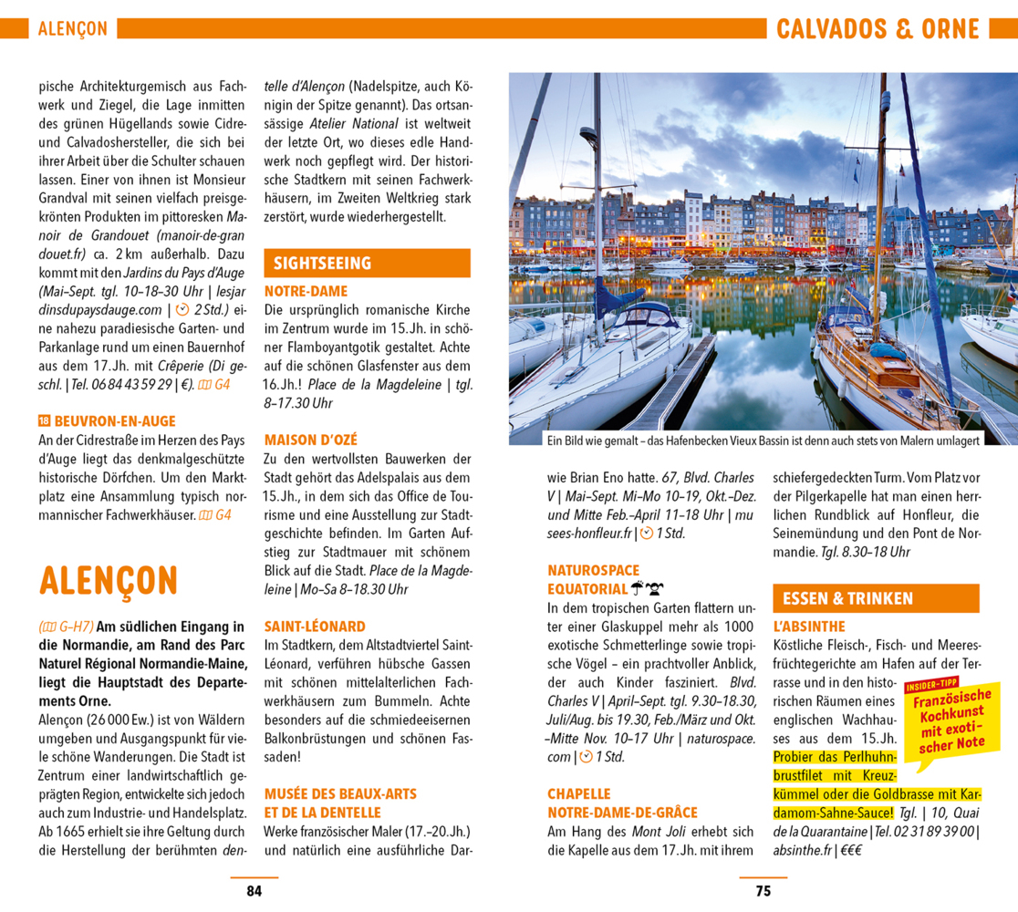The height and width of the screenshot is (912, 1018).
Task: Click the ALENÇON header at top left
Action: coord(72,29)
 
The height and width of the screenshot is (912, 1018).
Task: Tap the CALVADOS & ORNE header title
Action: coord(878,29)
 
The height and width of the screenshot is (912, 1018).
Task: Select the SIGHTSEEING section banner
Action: coord(322,264)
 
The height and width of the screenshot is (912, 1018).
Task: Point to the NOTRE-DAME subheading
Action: coord(306,291)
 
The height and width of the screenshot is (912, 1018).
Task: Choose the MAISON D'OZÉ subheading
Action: coord(311,439)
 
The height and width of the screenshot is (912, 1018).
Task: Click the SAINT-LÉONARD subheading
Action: coord(315,627)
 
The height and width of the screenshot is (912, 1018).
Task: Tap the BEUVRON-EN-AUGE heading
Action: coord(115,421)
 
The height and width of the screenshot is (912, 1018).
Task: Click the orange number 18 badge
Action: coord(44,421)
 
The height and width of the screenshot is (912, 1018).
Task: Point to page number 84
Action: coord(254,891)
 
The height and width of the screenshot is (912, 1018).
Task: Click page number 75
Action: coord(763,891)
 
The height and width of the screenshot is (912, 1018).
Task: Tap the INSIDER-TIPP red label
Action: coord(931,685)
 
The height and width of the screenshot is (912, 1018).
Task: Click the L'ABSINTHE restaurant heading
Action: coord(808,627)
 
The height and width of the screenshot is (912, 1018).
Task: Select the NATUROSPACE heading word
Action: coord(593,570)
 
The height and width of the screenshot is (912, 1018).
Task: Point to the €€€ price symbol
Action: coord(852,850)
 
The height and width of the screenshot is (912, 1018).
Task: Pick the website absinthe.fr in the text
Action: coord(802,850)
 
